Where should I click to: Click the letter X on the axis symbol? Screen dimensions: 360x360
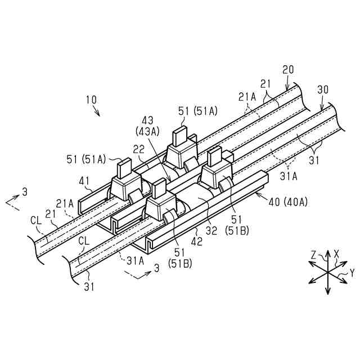coord(336,253)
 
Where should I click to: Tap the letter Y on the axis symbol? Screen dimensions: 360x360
coord(352,273)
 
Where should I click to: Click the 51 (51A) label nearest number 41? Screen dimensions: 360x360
coord(86,160)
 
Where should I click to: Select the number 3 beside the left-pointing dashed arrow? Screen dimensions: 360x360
coord(25,192)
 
